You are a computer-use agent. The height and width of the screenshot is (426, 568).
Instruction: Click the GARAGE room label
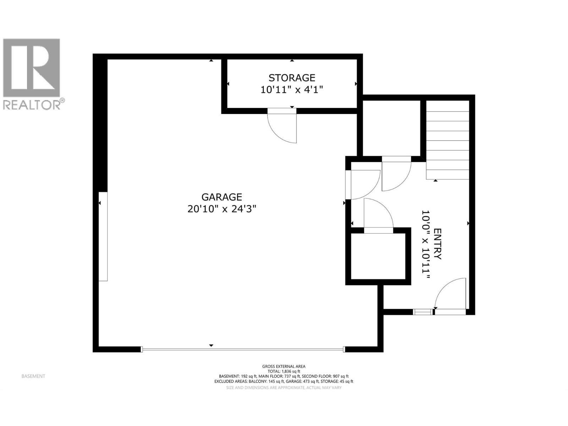[222, 197]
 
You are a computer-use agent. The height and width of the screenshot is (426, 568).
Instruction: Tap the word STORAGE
[292, 77]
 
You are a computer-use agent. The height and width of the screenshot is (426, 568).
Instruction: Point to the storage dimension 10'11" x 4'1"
[292, 90]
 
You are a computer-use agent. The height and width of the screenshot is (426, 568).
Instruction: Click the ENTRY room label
[437, 244]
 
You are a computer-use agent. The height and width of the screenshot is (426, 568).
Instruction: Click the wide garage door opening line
[243, 349]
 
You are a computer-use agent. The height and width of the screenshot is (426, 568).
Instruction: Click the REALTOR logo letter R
[31, 67]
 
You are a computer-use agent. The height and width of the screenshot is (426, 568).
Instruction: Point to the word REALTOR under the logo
[31, 105]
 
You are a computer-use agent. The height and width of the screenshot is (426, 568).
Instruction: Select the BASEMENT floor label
[33, 376]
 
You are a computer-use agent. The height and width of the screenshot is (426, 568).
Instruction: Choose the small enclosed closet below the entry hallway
[378, 256]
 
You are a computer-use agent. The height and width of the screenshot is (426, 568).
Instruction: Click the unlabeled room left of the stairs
[392, 128]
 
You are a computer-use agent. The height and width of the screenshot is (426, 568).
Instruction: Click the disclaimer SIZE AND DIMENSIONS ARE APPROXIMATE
[284, 388]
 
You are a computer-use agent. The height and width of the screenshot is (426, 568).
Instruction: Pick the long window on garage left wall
[103, 236]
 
